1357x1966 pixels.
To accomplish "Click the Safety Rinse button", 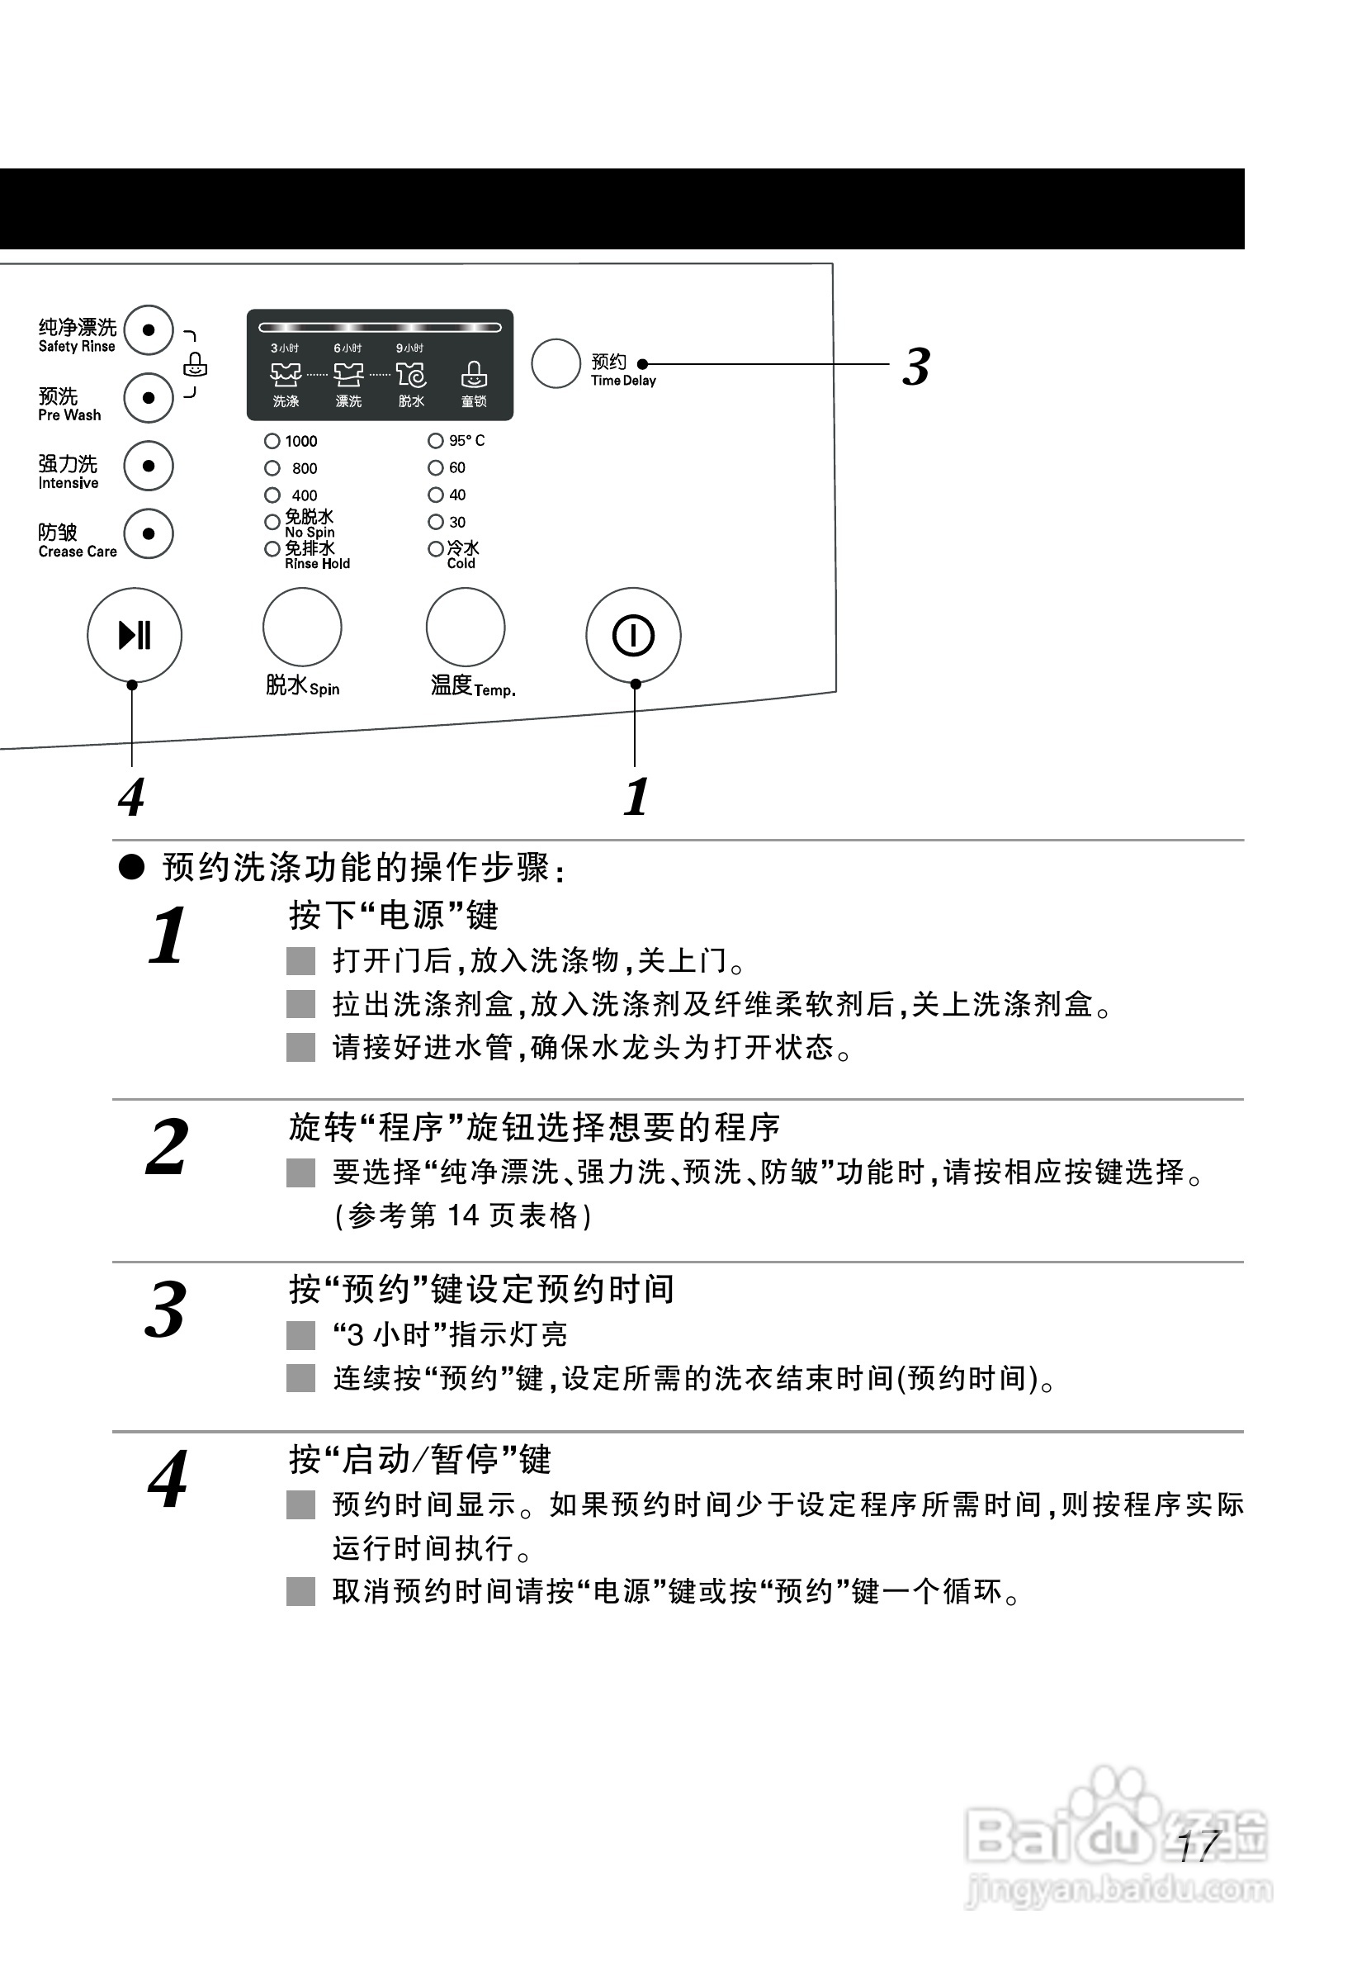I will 149,330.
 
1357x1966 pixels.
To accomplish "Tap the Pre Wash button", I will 149,398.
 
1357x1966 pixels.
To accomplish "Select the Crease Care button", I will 149,534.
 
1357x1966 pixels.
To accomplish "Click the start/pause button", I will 135,635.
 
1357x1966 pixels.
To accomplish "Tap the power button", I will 633,635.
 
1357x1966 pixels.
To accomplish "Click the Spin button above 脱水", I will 303,627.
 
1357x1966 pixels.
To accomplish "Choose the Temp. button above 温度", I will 466,627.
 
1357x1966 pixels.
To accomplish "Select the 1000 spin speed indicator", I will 272,441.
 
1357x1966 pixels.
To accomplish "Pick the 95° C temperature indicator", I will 435,440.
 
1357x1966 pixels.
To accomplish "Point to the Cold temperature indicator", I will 435,549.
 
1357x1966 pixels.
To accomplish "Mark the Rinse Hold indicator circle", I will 272,549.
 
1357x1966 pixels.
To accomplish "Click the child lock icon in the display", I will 474,375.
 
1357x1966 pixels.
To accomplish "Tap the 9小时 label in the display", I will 409,348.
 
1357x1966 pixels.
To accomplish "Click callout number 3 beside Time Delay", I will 915,367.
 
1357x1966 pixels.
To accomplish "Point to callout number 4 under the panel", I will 131,798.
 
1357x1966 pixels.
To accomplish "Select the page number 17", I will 1199,1846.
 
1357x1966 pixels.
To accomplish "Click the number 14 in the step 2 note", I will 462,1216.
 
